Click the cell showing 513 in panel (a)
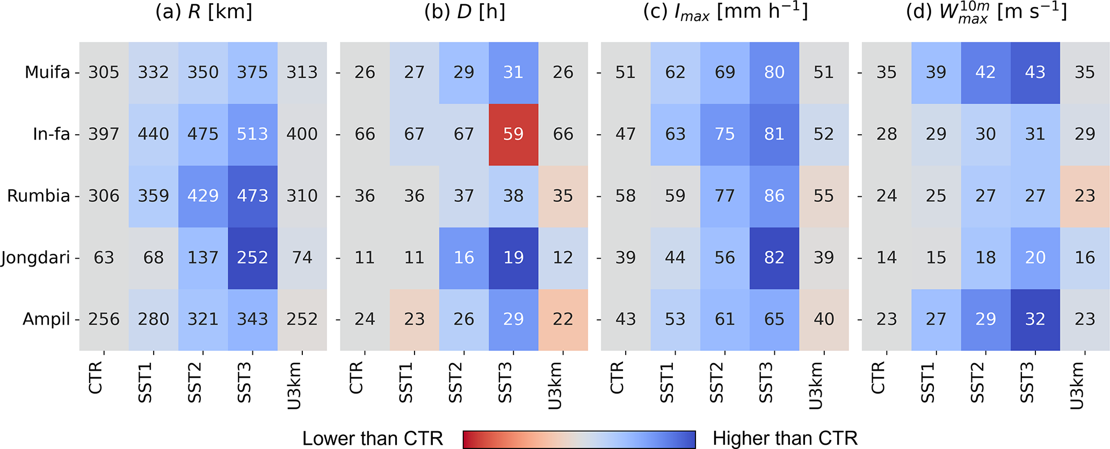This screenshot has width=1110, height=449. (x=252, y=134)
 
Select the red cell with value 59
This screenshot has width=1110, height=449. (x=513, y=134)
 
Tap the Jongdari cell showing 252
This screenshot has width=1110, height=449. (x=252, y=258)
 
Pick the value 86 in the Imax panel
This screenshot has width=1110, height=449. (x=774, y=196)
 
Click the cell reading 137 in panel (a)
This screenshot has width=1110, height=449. (x=203, y=258)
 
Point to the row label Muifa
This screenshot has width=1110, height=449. (x=47, y=72)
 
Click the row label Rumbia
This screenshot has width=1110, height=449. (x=39, y=196)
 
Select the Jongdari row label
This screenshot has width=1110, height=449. (x=35, y=258)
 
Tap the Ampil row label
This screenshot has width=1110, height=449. (x=46, y=320)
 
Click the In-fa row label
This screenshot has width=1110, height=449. (x=52, y=134)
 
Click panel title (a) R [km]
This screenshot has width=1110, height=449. (x=204, y=12)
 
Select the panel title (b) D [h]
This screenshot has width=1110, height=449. (x=465, y=12)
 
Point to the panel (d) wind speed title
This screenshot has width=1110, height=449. (x=986, y=12)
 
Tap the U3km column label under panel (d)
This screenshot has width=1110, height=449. (x=1076, y=385)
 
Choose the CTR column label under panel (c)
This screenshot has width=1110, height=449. (x=617, y=377)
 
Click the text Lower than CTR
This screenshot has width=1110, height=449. (x=372, y=438)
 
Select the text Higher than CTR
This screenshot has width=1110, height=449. (x=785, y=438)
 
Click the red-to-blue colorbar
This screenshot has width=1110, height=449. (x=579, y=439)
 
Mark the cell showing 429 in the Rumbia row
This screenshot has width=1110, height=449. (x=203, y=196)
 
